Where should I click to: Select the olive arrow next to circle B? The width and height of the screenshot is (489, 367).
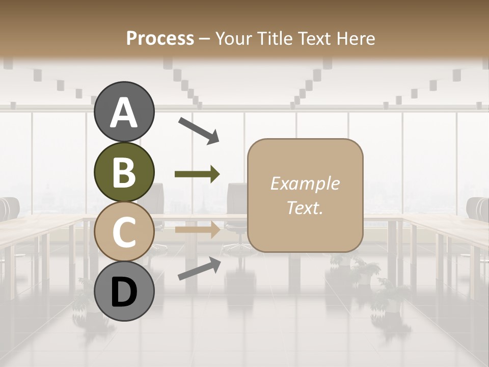coord(197,174)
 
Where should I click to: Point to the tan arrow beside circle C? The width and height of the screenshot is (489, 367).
coord(197,230)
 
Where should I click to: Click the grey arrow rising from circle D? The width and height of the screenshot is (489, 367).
coord(199,269)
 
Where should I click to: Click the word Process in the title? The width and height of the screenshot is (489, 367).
coord(160,38)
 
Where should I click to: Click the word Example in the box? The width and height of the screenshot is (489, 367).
coord(305,183)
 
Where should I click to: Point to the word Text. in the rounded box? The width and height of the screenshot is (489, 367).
coord(305,208)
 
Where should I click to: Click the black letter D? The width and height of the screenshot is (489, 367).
coord(124,292)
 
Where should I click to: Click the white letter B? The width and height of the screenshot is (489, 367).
coord(124,172)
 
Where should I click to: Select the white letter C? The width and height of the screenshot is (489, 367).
coord(124,232)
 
